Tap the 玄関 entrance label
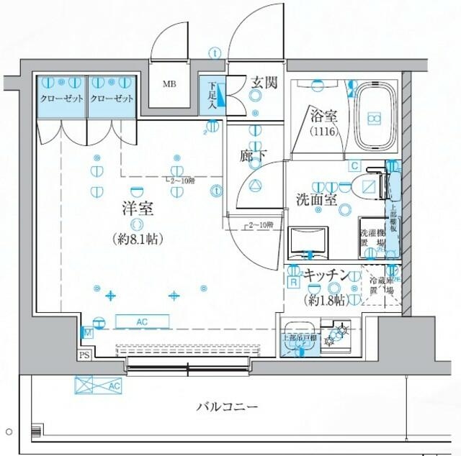264,83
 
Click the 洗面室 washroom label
318,200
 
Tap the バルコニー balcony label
227,407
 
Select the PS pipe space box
84,355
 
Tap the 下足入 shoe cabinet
212,94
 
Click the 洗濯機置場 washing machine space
373,237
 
